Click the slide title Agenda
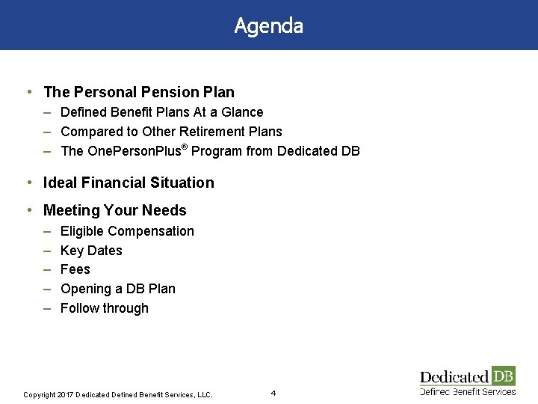tap(268, 25)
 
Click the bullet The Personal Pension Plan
tap(139, 92)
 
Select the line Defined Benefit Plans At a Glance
tap(161, 112)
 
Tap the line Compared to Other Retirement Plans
tap(171, 132)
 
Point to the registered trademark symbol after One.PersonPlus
tap(185, 146)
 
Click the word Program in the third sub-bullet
tap(217, 151)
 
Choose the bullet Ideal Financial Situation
tap(129, 183)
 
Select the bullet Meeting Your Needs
tap(115, 210)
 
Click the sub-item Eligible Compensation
tap(127, 231)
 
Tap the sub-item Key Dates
tap(91, 251)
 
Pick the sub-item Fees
tap(75, 269)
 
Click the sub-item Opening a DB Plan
tap(118, 289)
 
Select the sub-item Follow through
tap(105, 308)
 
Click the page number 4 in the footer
tap(273, 393)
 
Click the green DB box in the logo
tap(503, 376)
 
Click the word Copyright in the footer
tap(40, 394)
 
